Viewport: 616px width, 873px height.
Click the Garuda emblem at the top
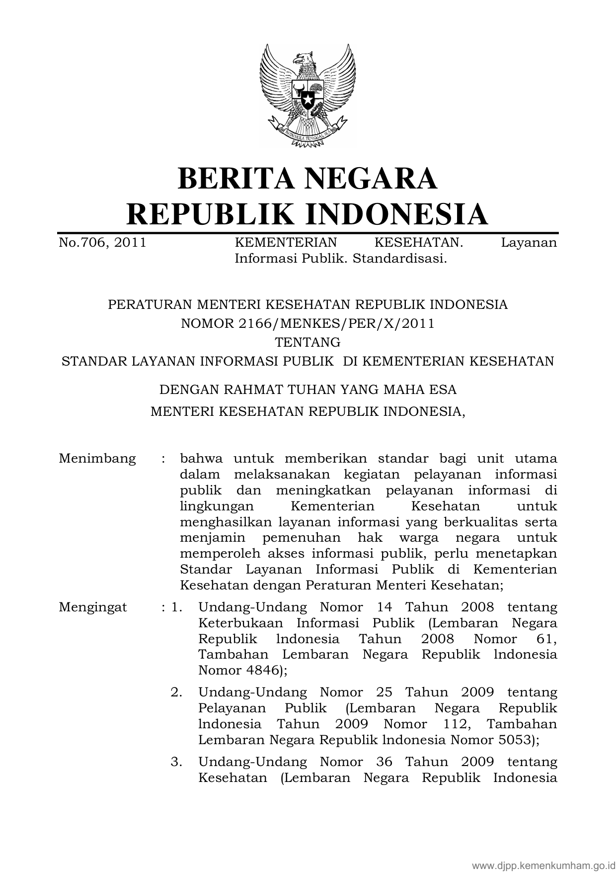308,95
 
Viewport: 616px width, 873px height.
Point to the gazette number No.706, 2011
102,243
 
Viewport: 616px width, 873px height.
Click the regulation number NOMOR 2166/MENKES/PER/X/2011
308,324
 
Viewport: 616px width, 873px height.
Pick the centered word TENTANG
308,343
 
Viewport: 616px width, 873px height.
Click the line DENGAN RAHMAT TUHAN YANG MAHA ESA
308,389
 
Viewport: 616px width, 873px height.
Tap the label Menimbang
97,458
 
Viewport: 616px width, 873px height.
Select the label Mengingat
93,607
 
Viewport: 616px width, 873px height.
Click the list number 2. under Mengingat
176,692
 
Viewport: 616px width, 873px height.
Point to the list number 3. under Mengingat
176,762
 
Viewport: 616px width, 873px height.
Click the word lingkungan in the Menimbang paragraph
217,507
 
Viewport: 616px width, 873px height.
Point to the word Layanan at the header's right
529,243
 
